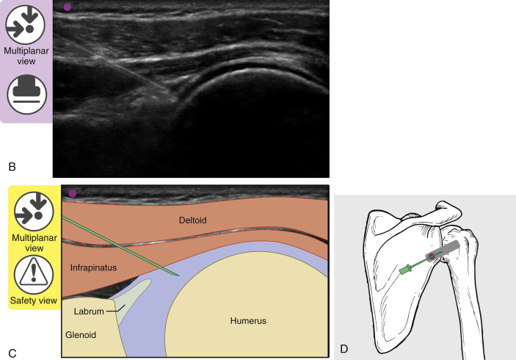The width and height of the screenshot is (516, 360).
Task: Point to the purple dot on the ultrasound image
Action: [68, 7]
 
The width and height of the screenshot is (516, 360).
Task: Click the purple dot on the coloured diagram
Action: [72, 193]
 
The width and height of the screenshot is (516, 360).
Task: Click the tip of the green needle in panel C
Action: [178, 276]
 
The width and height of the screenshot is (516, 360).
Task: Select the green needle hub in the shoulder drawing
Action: [404, 270]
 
